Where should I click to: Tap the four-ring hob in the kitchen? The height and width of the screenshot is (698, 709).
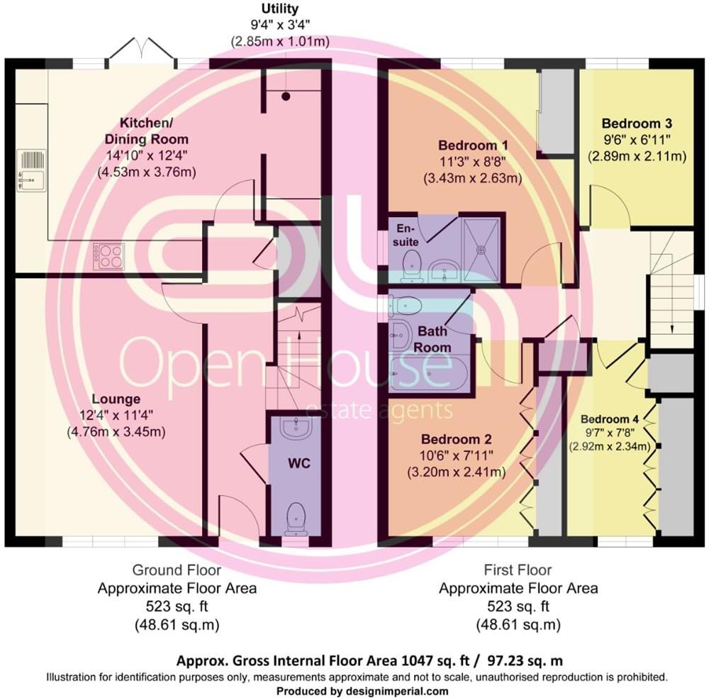(108, 255)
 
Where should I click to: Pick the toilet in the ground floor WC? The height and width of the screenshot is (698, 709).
(295, 518)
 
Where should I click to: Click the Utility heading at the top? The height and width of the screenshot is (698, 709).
(280, 9)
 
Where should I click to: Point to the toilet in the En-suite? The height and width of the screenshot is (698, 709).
(410, 267)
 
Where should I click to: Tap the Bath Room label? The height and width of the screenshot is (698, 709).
(433, 339)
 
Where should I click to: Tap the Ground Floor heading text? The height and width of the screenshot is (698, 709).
(177, 570)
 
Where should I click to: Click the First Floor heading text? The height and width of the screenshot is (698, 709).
(518, 570)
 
